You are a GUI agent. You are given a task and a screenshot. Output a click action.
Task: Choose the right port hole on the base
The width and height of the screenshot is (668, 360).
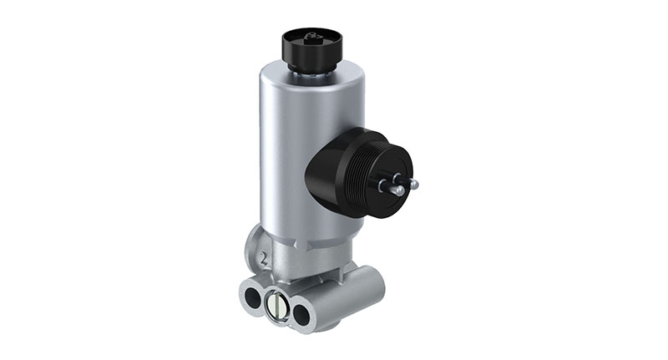[x=301, y=311]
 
